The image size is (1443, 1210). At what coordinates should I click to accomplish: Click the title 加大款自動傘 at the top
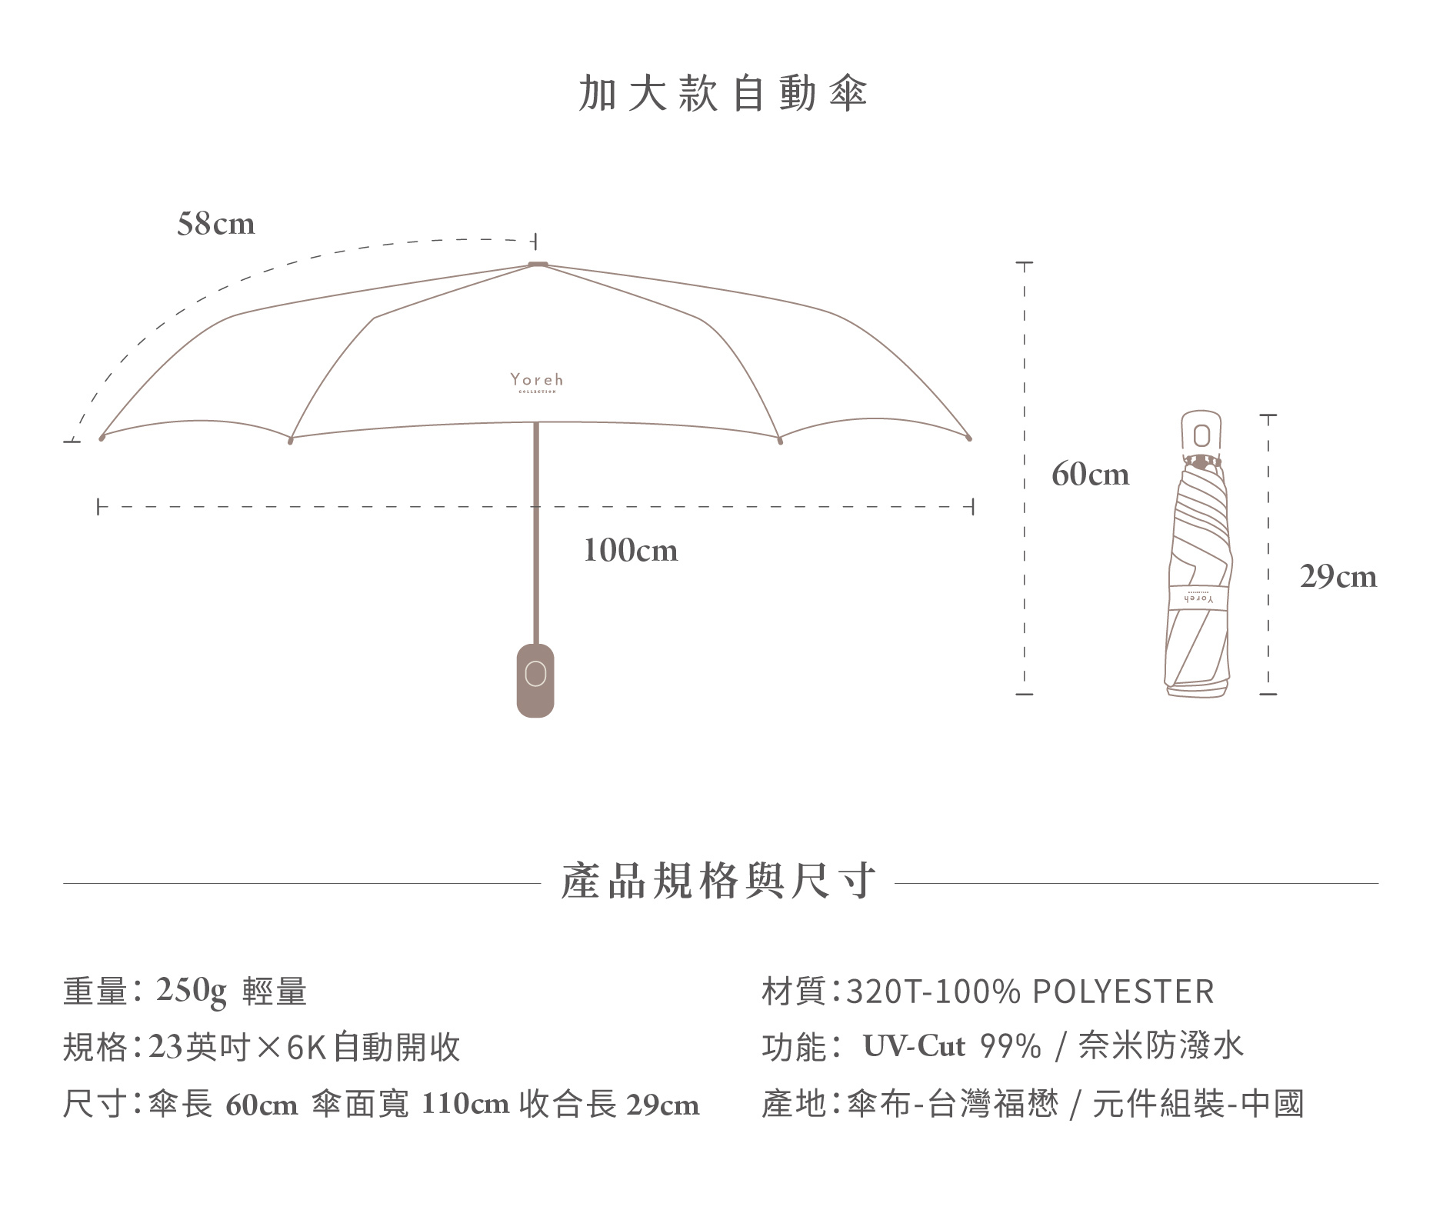click(x=722, y=94)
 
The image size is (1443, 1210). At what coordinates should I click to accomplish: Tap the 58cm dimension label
click(x=215, y=224)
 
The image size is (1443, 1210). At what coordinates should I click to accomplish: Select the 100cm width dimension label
click(x=630, y=551)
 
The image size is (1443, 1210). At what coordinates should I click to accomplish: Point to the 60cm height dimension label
click(x=1090, y=475)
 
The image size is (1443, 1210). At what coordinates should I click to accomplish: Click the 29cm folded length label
click(x=1338, y=577)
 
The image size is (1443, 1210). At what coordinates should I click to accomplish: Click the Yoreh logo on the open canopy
click(x=536, y=382)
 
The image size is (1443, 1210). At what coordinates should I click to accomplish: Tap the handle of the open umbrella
click(x=535, y=680)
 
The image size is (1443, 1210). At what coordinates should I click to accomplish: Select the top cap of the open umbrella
click(x=538, y=264)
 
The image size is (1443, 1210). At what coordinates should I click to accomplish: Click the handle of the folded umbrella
click(x=1201, y=435)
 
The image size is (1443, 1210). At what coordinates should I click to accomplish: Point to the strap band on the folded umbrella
click(x=1198, y=597)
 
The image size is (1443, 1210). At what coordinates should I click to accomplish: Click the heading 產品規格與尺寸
click(x=718, y=882)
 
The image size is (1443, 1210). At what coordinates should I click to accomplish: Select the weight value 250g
click(x=192, y=991)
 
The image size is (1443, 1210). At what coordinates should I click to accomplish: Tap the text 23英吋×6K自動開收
click(x=304, y=1048)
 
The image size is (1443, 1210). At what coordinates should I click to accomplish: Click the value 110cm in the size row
click(x=465, y=1105)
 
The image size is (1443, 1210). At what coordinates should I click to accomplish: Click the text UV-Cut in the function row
click(x=913, y=1047)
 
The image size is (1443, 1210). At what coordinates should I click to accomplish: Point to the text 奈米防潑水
click(x=1160, y=1047)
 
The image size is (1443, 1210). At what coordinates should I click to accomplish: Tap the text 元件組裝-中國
click(x=1198, y=1105)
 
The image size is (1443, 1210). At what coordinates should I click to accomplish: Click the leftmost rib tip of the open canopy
click(x=102, y=438)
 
